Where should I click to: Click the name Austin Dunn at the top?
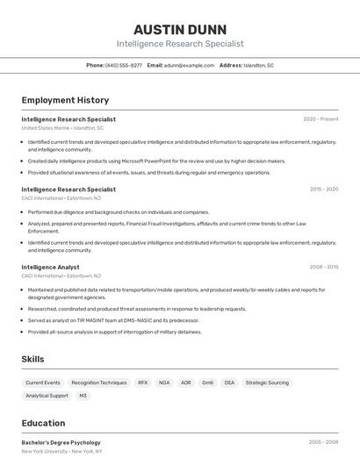(180, 29)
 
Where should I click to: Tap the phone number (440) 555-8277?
(124, 65)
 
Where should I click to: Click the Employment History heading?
(65, 100)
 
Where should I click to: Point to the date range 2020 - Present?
(320, 119)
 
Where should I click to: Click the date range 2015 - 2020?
(323, 189)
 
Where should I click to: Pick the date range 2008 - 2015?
(323, 267)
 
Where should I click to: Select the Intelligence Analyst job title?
(50, 267)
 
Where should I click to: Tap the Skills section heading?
(33, 359)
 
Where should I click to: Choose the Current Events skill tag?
(43, 383)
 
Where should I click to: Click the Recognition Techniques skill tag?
(99, 383)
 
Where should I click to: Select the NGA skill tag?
(164, 383)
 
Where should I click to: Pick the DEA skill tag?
(229, 383)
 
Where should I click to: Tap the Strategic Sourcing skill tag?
(267, 383)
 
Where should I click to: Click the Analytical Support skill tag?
(47, 396)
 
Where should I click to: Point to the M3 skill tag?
(83, 396)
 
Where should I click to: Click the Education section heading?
(43, 423)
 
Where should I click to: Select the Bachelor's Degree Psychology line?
(61, 442)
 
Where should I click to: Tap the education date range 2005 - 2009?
(323, 442)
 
